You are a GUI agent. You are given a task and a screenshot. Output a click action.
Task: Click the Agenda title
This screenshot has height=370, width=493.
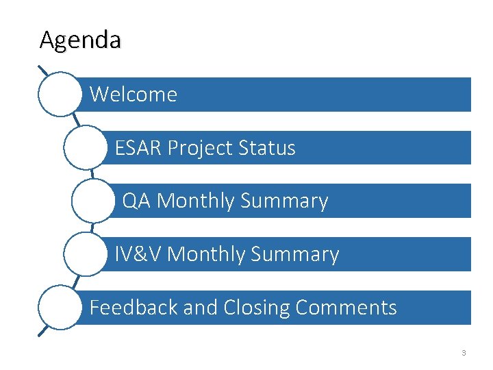click(80, 40)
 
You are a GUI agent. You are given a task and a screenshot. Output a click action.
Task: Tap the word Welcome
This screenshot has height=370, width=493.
click(133, 95)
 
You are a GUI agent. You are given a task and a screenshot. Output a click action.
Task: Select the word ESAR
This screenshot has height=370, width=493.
click(138, 148)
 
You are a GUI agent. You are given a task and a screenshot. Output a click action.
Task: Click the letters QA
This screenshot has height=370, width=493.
click(136, 201)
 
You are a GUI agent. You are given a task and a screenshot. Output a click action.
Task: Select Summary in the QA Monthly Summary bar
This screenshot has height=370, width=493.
click(283, 201)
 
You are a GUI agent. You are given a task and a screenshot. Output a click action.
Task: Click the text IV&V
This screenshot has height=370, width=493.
click(138, 254)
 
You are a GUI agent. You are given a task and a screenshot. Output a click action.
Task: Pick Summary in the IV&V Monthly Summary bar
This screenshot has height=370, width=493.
click(294, 254)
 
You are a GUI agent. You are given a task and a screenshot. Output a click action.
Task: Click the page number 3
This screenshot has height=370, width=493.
click(464, 353)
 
